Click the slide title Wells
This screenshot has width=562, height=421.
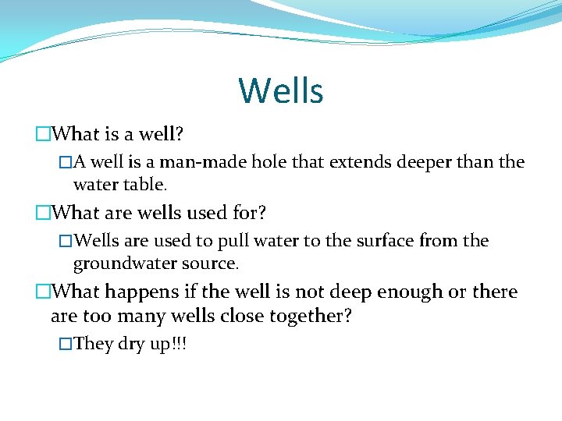[281, 90]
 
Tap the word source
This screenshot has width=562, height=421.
[211, 264]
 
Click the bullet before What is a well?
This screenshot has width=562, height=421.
[42, 134]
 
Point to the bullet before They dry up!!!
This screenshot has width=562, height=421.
[66, 344]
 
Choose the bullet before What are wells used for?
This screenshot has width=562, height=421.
[42, 212]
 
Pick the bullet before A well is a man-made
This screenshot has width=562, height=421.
[66, 162]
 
